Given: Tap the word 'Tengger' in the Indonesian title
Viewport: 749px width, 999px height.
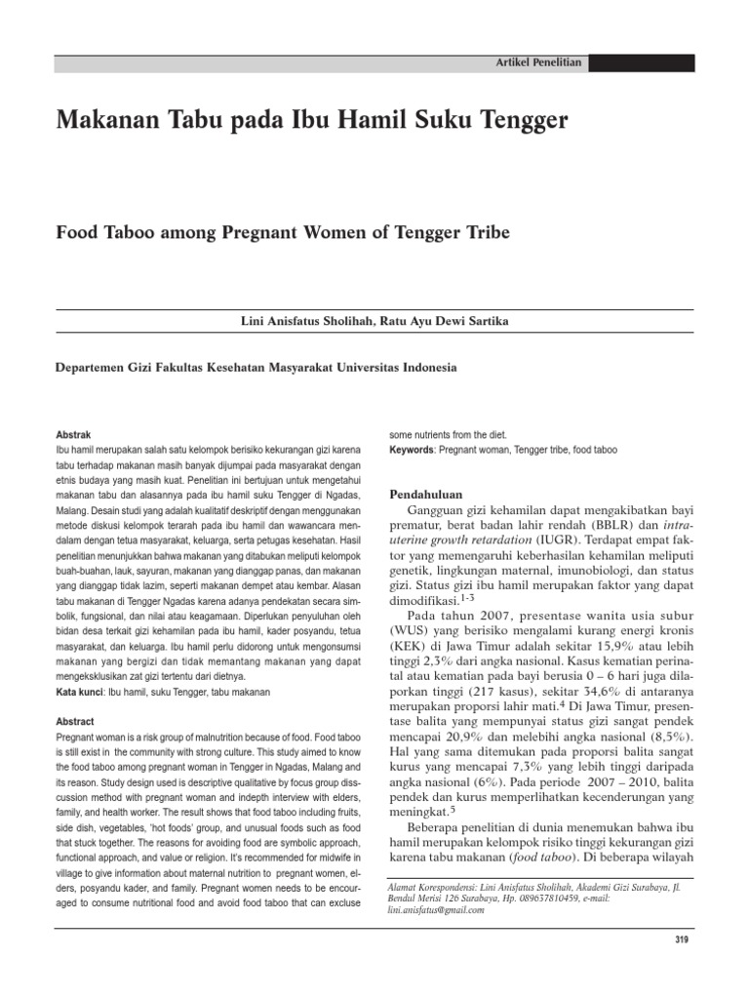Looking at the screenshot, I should [518, 122].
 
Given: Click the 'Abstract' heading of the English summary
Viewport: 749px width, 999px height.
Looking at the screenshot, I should [76, 694].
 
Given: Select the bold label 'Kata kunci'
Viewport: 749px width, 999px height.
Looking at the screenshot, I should [81, 664].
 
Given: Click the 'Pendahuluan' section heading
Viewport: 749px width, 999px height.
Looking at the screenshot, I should [426, 494].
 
